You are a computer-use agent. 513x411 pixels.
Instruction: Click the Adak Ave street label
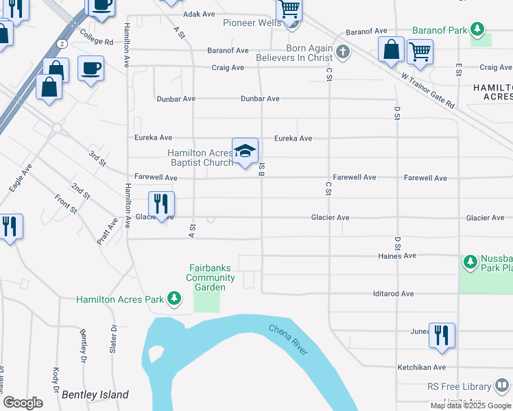pos(199,14)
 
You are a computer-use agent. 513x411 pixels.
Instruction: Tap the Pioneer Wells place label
pos(252,23)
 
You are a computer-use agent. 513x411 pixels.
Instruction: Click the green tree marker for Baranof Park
pos(478,30)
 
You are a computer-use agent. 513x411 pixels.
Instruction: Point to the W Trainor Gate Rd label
pos(429,92)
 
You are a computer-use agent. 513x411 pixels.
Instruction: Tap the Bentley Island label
pos(95,395)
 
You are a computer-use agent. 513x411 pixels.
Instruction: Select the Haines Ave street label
pos(397,256)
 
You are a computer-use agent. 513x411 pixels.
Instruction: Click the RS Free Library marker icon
pos(502,386)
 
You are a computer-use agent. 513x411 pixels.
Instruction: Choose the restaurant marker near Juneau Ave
pos(442,335)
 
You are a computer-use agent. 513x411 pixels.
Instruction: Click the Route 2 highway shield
pos(62,42)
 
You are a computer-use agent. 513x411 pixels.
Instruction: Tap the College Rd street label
pos(96,36)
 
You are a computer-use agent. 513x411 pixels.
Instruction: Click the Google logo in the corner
pos(23,403)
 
